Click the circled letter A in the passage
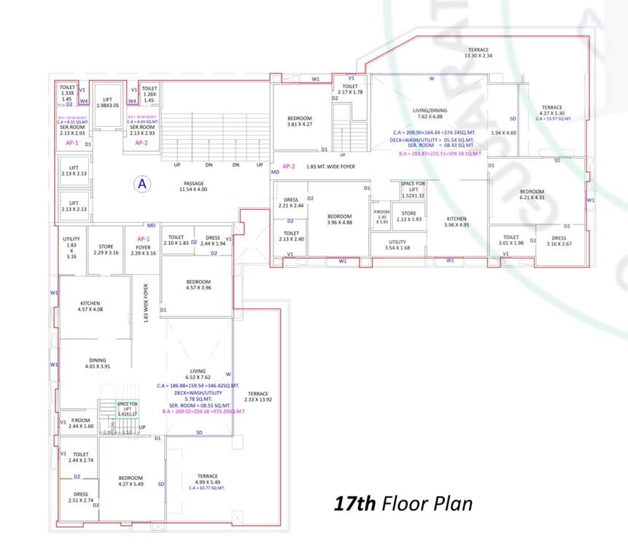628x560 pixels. pos(143,184)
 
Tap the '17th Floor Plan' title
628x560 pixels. pos(403,504)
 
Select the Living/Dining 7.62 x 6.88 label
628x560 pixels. pos(430,113)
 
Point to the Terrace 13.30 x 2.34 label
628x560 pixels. pos(478,52)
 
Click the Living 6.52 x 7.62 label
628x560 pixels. pos(198,373)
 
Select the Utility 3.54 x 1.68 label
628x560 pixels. pos(398,244)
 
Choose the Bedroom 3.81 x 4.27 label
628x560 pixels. pos(299,121)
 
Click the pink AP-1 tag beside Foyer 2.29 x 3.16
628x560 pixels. pos(143,239)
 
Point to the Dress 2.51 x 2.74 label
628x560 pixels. pos(80,497)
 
